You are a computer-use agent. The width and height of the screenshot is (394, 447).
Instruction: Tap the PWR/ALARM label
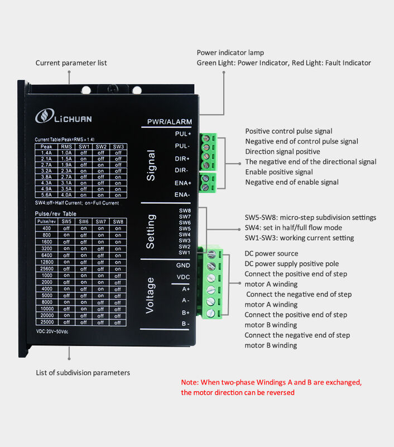(x=169, y=122)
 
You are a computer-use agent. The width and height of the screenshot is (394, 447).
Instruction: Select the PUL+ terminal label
(x=182, y=134)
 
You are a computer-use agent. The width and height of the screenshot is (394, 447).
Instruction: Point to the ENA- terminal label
(x=182, y=194)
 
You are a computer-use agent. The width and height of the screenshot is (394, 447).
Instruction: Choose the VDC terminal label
(x=184, y=277)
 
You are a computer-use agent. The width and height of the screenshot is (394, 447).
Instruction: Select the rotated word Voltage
(x=150, y=294)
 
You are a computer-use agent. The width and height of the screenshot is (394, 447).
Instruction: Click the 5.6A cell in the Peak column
(x=46, y=195)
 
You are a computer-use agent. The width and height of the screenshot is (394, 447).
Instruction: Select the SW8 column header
(x=118, y=221)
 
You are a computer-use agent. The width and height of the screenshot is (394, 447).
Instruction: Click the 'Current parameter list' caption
(x=71, y=63)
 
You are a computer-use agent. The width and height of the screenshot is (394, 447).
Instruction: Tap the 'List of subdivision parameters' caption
(x=83, y=373)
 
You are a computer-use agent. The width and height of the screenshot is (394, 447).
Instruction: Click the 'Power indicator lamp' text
(x=230, y=53)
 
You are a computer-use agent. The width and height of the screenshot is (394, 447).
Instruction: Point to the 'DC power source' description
(x=271, y=254)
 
